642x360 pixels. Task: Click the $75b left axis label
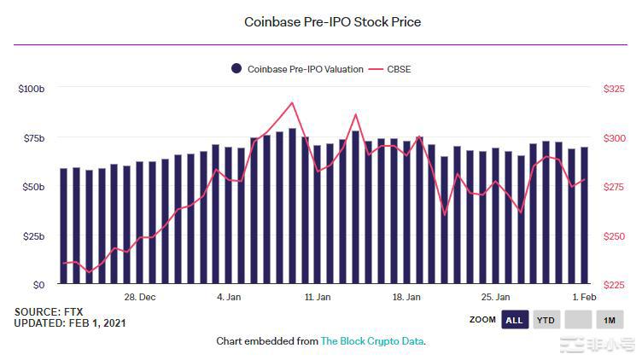pyautogui.click(x=33, y=138)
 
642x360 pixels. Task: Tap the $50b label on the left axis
pyautogui.click(x=33, y=187)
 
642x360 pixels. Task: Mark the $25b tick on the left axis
pyautogui.click(x=33, y=236)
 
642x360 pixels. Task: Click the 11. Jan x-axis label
pyautogui.click(x=318, y=298)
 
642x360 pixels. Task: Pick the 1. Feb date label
pyautogui.click(x=584, y=298)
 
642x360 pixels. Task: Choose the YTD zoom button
pyautogui.click(x=546, y=320)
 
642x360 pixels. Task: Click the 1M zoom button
pyautogui.click(x=610, y=320)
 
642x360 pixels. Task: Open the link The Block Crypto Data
pyautogui.click(x=372, y=341)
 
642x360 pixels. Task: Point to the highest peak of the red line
pyautogui.click(x=292, y=103)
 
